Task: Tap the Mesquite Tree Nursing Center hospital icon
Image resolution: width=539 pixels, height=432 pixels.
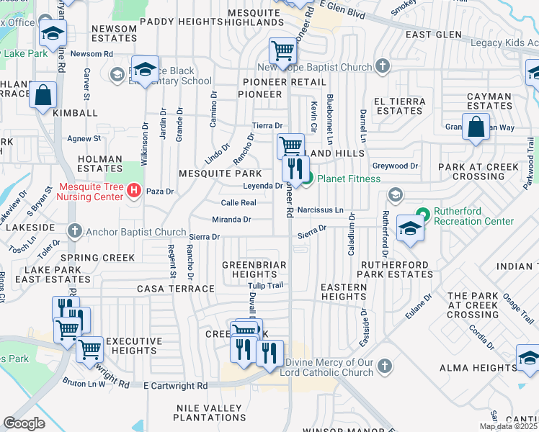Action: (133, 191)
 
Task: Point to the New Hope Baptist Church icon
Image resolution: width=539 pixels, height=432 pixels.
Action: (382, 67)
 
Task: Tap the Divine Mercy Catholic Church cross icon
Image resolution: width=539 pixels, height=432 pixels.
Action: (385, 366)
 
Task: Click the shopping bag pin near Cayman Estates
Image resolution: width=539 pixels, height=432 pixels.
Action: (476, 128)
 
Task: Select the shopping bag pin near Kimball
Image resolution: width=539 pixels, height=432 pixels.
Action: (43, 95)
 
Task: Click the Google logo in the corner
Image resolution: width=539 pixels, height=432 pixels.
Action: (24, 423)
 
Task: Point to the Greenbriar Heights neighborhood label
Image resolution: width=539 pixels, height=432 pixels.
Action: (254, 269)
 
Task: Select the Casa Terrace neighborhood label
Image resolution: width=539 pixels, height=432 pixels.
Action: (176, 288)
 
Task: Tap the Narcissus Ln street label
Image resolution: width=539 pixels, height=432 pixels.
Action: (321, 211)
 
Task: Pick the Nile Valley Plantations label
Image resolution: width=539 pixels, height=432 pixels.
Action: (210, 413)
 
